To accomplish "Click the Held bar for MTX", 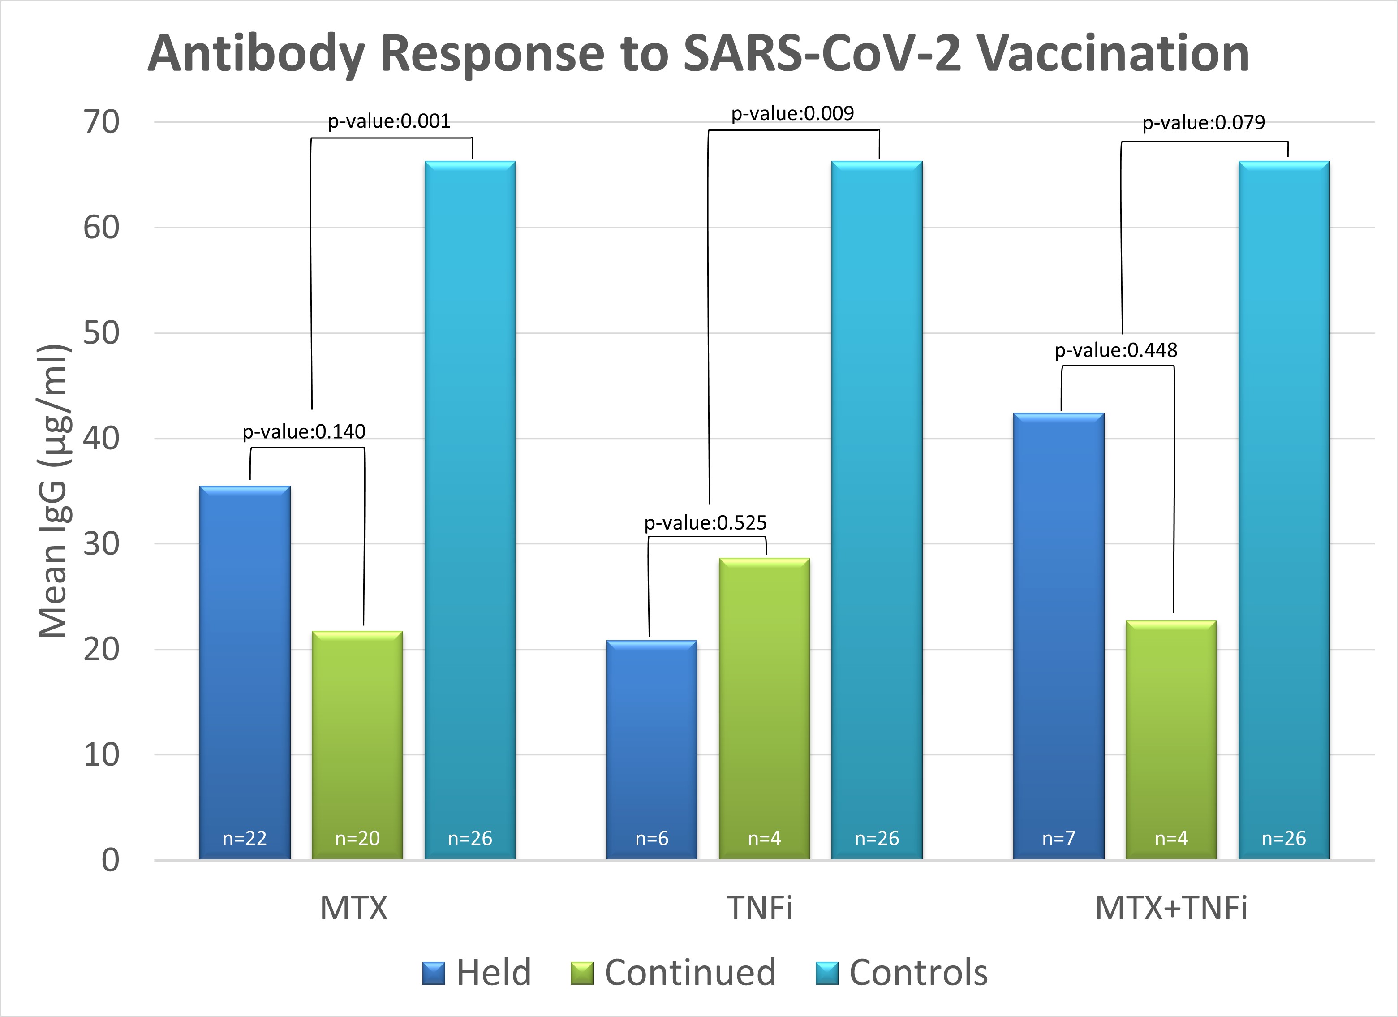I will pos(245,672).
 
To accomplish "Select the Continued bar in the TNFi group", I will pos(764,709).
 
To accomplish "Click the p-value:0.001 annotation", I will pos(389,121).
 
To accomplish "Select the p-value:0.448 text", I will pos(1116,350).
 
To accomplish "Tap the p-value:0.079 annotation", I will pos(1203,123).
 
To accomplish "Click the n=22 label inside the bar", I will pos(245,838).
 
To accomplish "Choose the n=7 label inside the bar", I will pos(1058,838).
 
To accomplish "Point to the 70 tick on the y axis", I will pos(102,122).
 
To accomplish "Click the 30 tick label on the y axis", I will pos(102,544).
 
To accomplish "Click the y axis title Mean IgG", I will pos(54,491).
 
